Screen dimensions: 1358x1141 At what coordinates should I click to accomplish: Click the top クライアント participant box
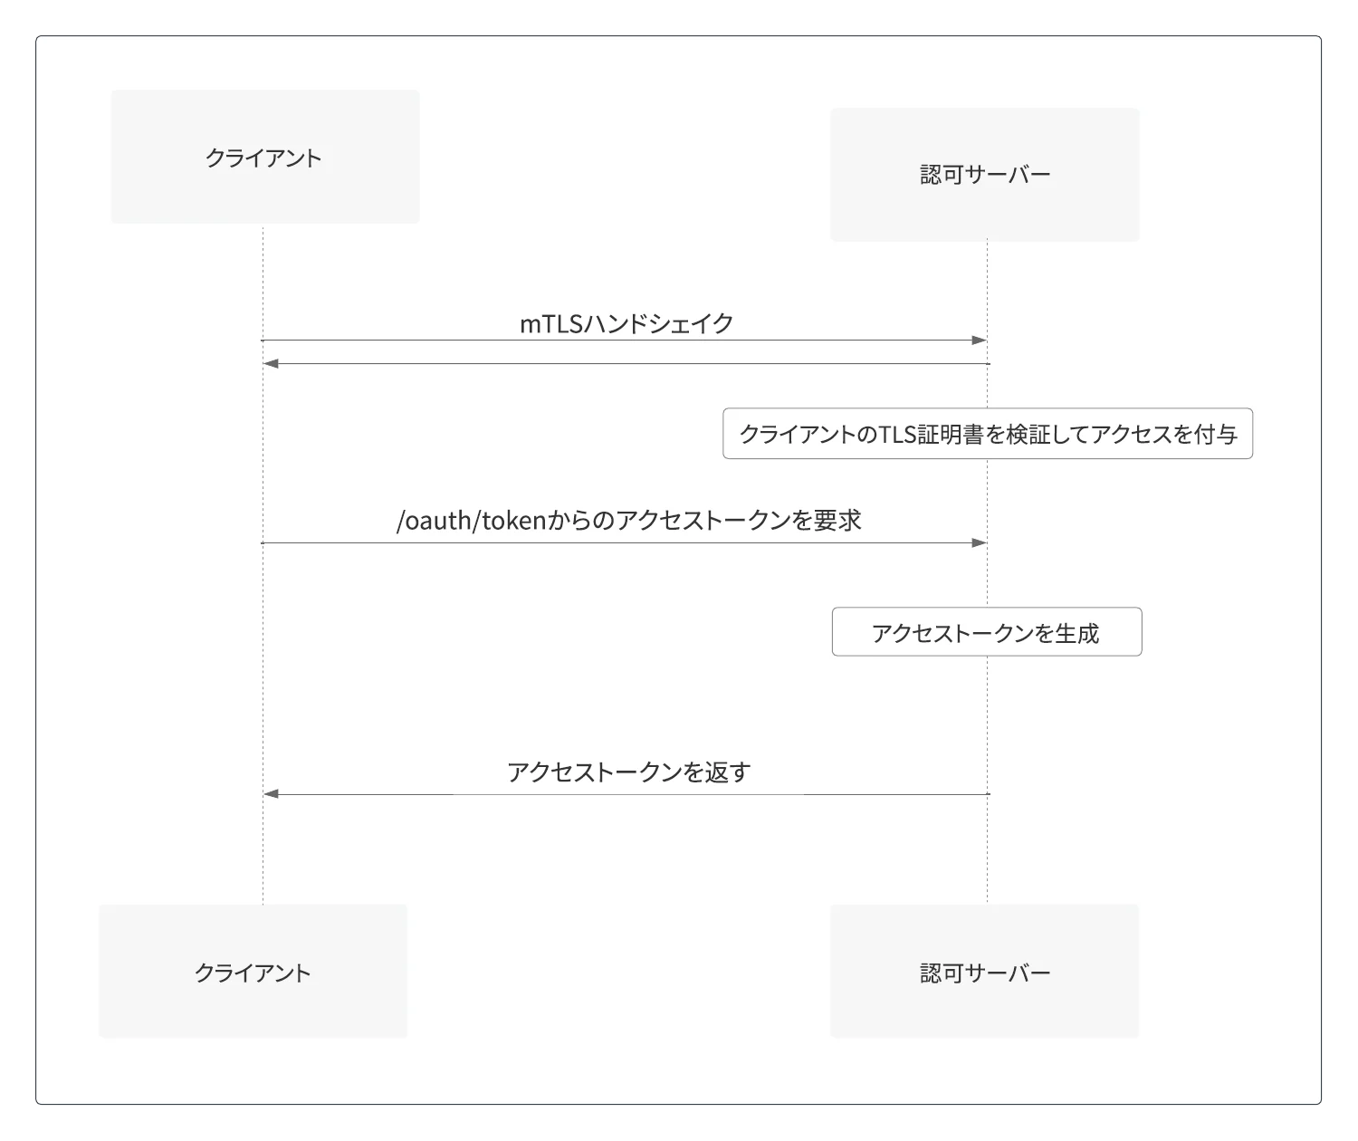click(x=264, y=157)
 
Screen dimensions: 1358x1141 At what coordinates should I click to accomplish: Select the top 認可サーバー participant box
click(x=985, y=175)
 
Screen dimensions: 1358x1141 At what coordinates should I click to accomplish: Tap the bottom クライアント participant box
click(x=253, y=971)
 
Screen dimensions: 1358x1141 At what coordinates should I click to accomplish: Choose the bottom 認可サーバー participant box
click(x=985, y=971)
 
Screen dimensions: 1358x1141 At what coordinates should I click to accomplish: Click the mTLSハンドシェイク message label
click(x=626, y=323)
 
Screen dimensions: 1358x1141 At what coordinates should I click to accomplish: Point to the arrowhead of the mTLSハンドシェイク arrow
click(x=980, y=340)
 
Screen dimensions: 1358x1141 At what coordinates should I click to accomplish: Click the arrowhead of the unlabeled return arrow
click(x=271, y=364)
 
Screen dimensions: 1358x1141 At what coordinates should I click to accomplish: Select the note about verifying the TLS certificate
click(x=988, y=433)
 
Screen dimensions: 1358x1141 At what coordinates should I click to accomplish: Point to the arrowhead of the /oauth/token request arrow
click(x=980, y=542)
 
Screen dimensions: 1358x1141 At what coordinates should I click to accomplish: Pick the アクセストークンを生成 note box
click(x=987, y=632)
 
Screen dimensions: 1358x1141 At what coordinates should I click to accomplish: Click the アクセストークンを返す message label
click(x=629, y=772)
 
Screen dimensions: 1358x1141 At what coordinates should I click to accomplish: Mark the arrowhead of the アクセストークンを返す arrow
click(x=271, y=793)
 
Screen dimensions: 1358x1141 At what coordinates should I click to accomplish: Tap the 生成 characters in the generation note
click(x=1077, y=633)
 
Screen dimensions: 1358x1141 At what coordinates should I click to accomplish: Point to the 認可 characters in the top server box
click(x=942, y=175)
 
